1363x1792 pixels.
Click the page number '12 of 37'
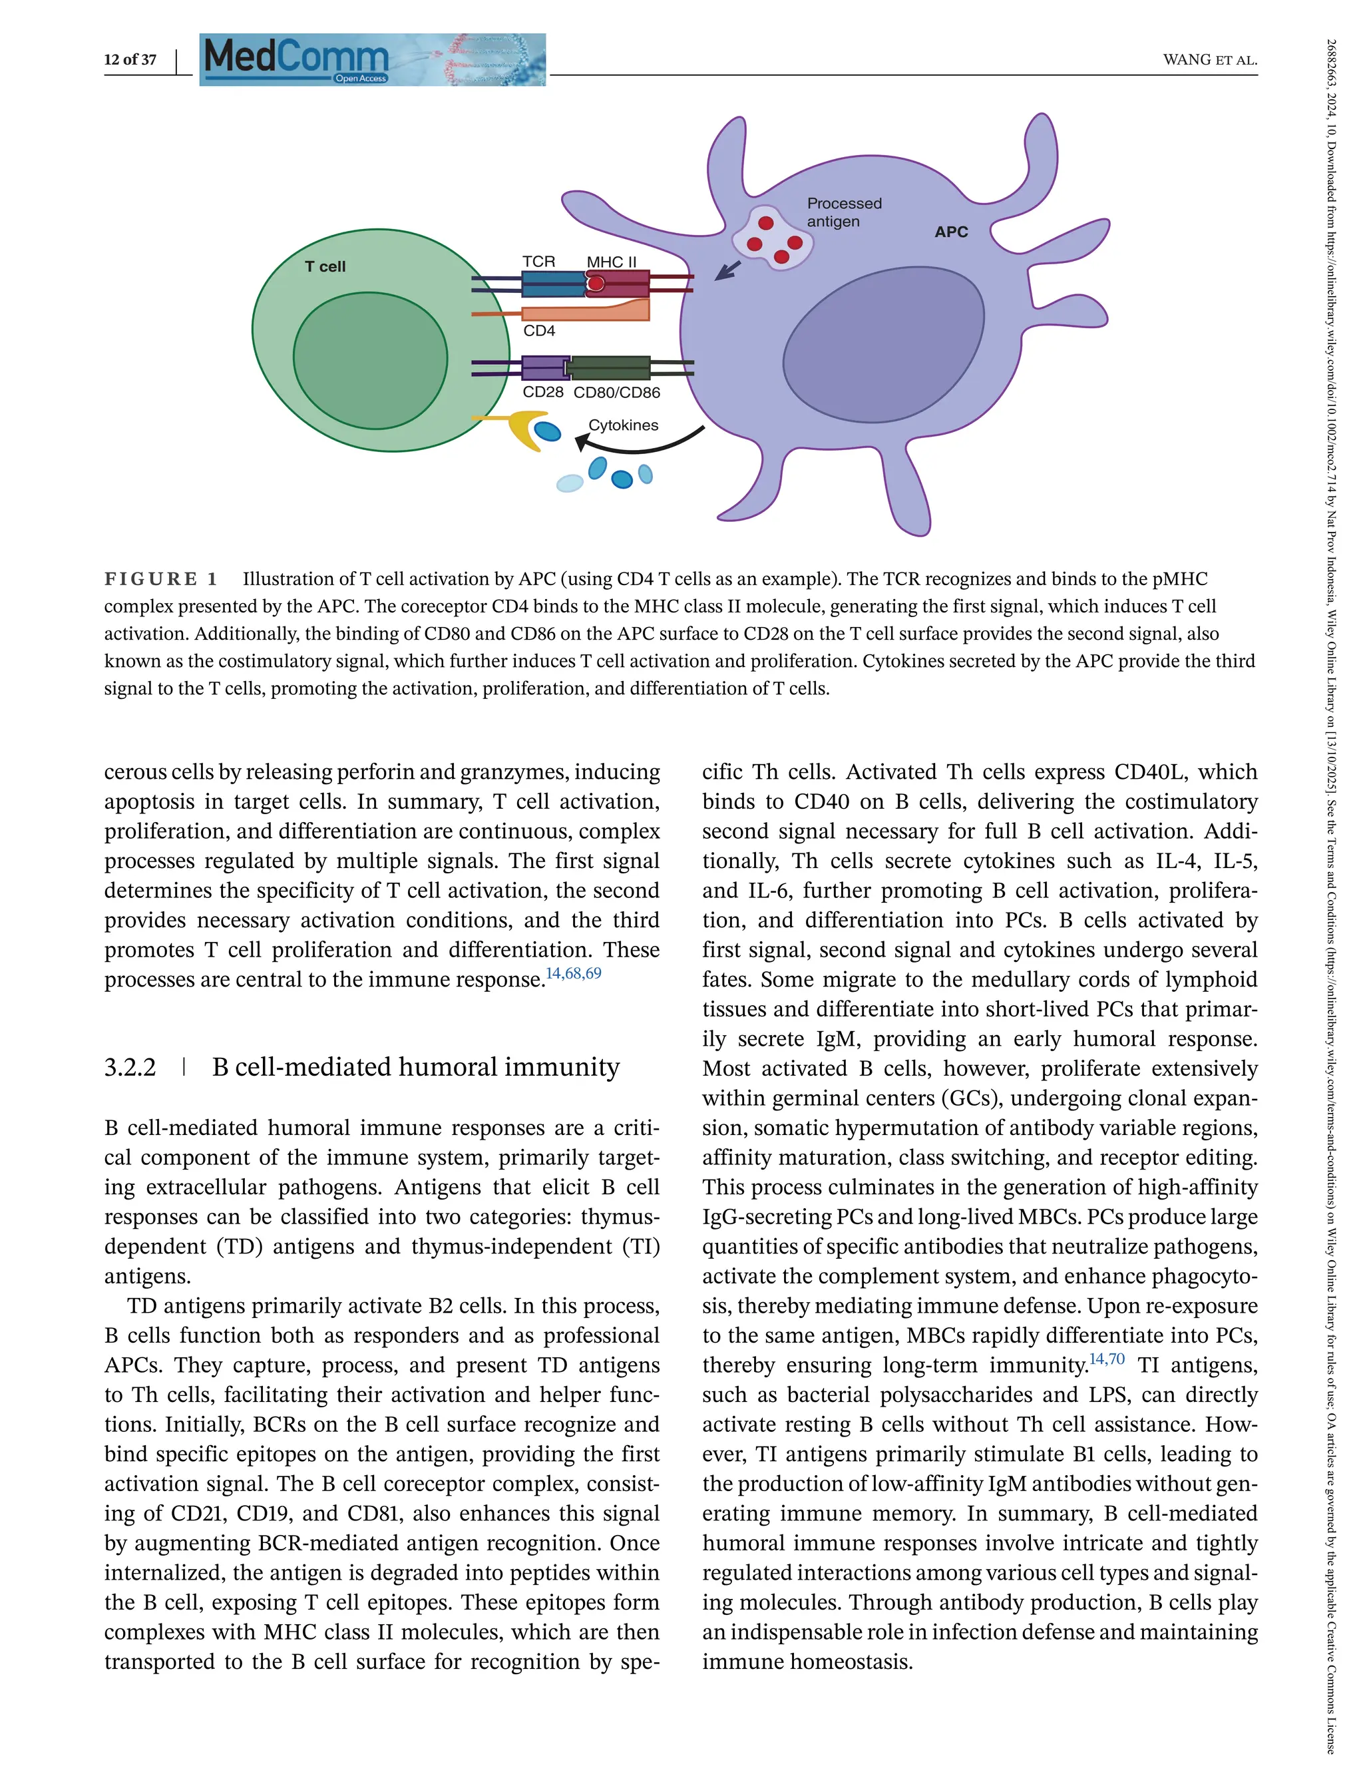click(x=130, y=59)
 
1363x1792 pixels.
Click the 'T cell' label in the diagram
click(x=325, y=266)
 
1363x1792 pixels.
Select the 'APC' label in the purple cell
click(x=951, y=232)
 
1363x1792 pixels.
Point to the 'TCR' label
click(x=538, y=262)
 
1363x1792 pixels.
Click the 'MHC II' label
click(x=611, y=262)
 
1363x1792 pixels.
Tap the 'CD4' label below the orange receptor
click(x=538, y=331)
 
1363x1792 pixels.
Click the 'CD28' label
click(x=543, y=392)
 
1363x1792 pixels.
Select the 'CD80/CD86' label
click(x=616, y=393)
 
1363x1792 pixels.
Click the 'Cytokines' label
click(x=623, y=425)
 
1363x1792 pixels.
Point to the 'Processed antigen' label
click(x=844, y=212)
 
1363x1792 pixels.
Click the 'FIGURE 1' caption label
click(x=160, y=578)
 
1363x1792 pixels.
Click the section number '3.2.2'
click(x=130, y=1066)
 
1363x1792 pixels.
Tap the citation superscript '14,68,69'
click(x=574, y=973)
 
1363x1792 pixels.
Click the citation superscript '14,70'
click(x=1107, y=1359)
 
